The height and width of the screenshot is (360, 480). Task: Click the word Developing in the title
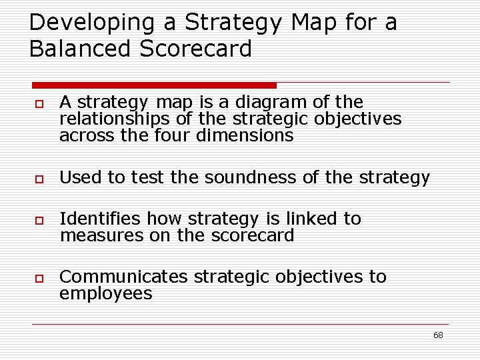tap(83, 23)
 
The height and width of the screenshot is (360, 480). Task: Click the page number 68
tap(438, 335)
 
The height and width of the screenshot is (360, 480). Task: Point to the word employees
tap(105, 294)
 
